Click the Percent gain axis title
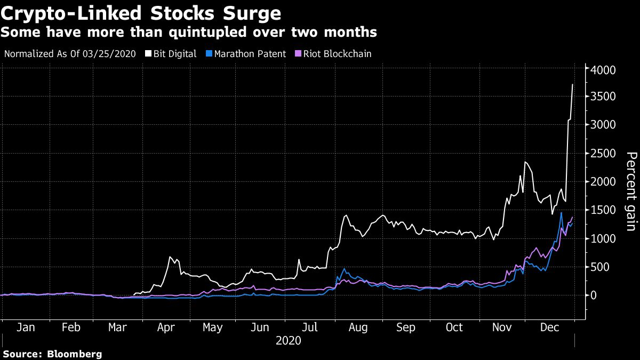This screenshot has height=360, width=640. pyautogui.click(x=631, y=191)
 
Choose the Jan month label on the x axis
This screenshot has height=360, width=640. pyautogui.click(x=26, y=327)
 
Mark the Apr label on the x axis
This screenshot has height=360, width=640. pyautogui.click(x=167, y=327)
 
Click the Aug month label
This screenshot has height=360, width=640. pyautogui.click(x=358, y=327)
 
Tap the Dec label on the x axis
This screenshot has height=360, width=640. pyautogui.click(x=550, y=327)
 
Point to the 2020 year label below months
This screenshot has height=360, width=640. pyautogui.click(x=289, y=340)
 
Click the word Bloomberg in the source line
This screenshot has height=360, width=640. pyautogui.click(x=75, y=354)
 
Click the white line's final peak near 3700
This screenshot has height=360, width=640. pyautogui.click(x=573, y=84)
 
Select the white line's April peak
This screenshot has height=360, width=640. pyautogui.click(x=170, y=257)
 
